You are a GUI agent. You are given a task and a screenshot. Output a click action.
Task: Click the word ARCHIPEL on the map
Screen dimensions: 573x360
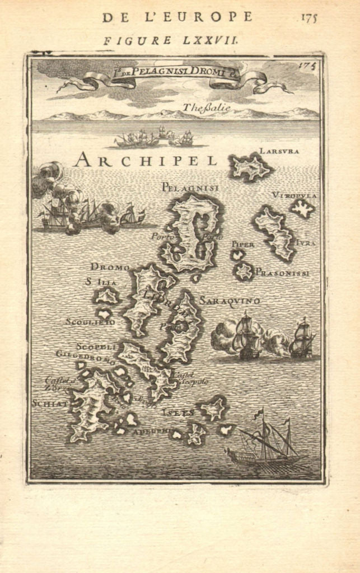145,160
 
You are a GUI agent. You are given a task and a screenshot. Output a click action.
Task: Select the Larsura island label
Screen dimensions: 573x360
279,151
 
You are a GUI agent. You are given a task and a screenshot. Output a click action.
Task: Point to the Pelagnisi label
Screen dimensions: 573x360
190,187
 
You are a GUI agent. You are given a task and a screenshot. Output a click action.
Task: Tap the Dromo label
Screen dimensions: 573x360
110,266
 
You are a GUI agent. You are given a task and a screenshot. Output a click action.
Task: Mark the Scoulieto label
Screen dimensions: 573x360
90,322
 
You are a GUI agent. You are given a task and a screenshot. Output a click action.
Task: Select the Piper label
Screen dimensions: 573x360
242,245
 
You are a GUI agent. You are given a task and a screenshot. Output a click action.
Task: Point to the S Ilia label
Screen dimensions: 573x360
101,282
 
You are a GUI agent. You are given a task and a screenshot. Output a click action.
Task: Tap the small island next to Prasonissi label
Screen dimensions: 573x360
244,271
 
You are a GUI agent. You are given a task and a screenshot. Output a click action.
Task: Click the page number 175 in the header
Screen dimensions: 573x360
308,17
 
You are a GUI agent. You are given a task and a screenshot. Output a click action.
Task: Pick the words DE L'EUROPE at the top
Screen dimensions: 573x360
177,17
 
